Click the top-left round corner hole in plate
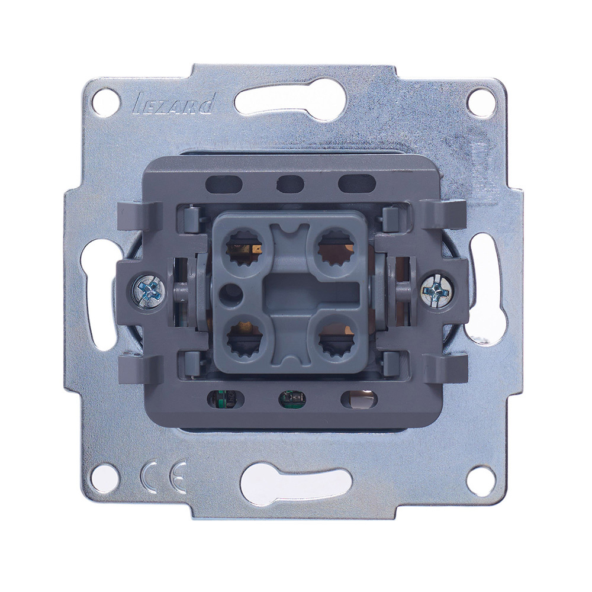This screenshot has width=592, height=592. coord(104,101)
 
